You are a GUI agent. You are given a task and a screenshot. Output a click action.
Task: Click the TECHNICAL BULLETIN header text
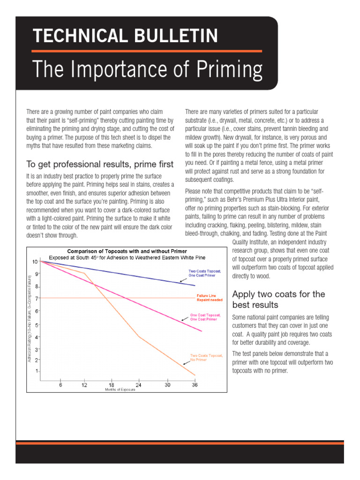click(125, 36)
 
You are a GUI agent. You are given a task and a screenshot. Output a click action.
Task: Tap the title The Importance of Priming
click(148, 69)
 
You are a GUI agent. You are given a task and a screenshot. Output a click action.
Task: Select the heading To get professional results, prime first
click(100, 164)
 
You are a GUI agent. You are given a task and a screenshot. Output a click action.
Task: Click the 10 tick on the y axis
click(35, 261)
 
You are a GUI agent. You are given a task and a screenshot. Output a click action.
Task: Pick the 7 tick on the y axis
click(36, 298)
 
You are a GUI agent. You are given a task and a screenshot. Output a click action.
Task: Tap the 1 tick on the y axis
click(36, 371)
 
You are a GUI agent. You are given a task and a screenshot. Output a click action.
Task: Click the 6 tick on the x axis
click(60, 385)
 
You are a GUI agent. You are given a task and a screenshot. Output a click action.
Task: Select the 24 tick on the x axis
click(139, 385)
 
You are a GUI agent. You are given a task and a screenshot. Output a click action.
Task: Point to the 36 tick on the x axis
click(195, 385)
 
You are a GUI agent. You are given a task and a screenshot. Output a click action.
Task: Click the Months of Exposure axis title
click(118, 390)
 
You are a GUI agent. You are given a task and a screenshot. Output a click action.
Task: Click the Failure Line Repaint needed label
click(210, 298)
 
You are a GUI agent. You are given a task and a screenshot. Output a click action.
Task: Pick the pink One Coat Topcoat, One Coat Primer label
click(203, 317)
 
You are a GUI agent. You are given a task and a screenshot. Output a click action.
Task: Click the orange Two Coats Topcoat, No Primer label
click(205, 358)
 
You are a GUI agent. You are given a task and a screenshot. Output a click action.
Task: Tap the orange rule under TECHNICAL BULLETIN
click(147, 51)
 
